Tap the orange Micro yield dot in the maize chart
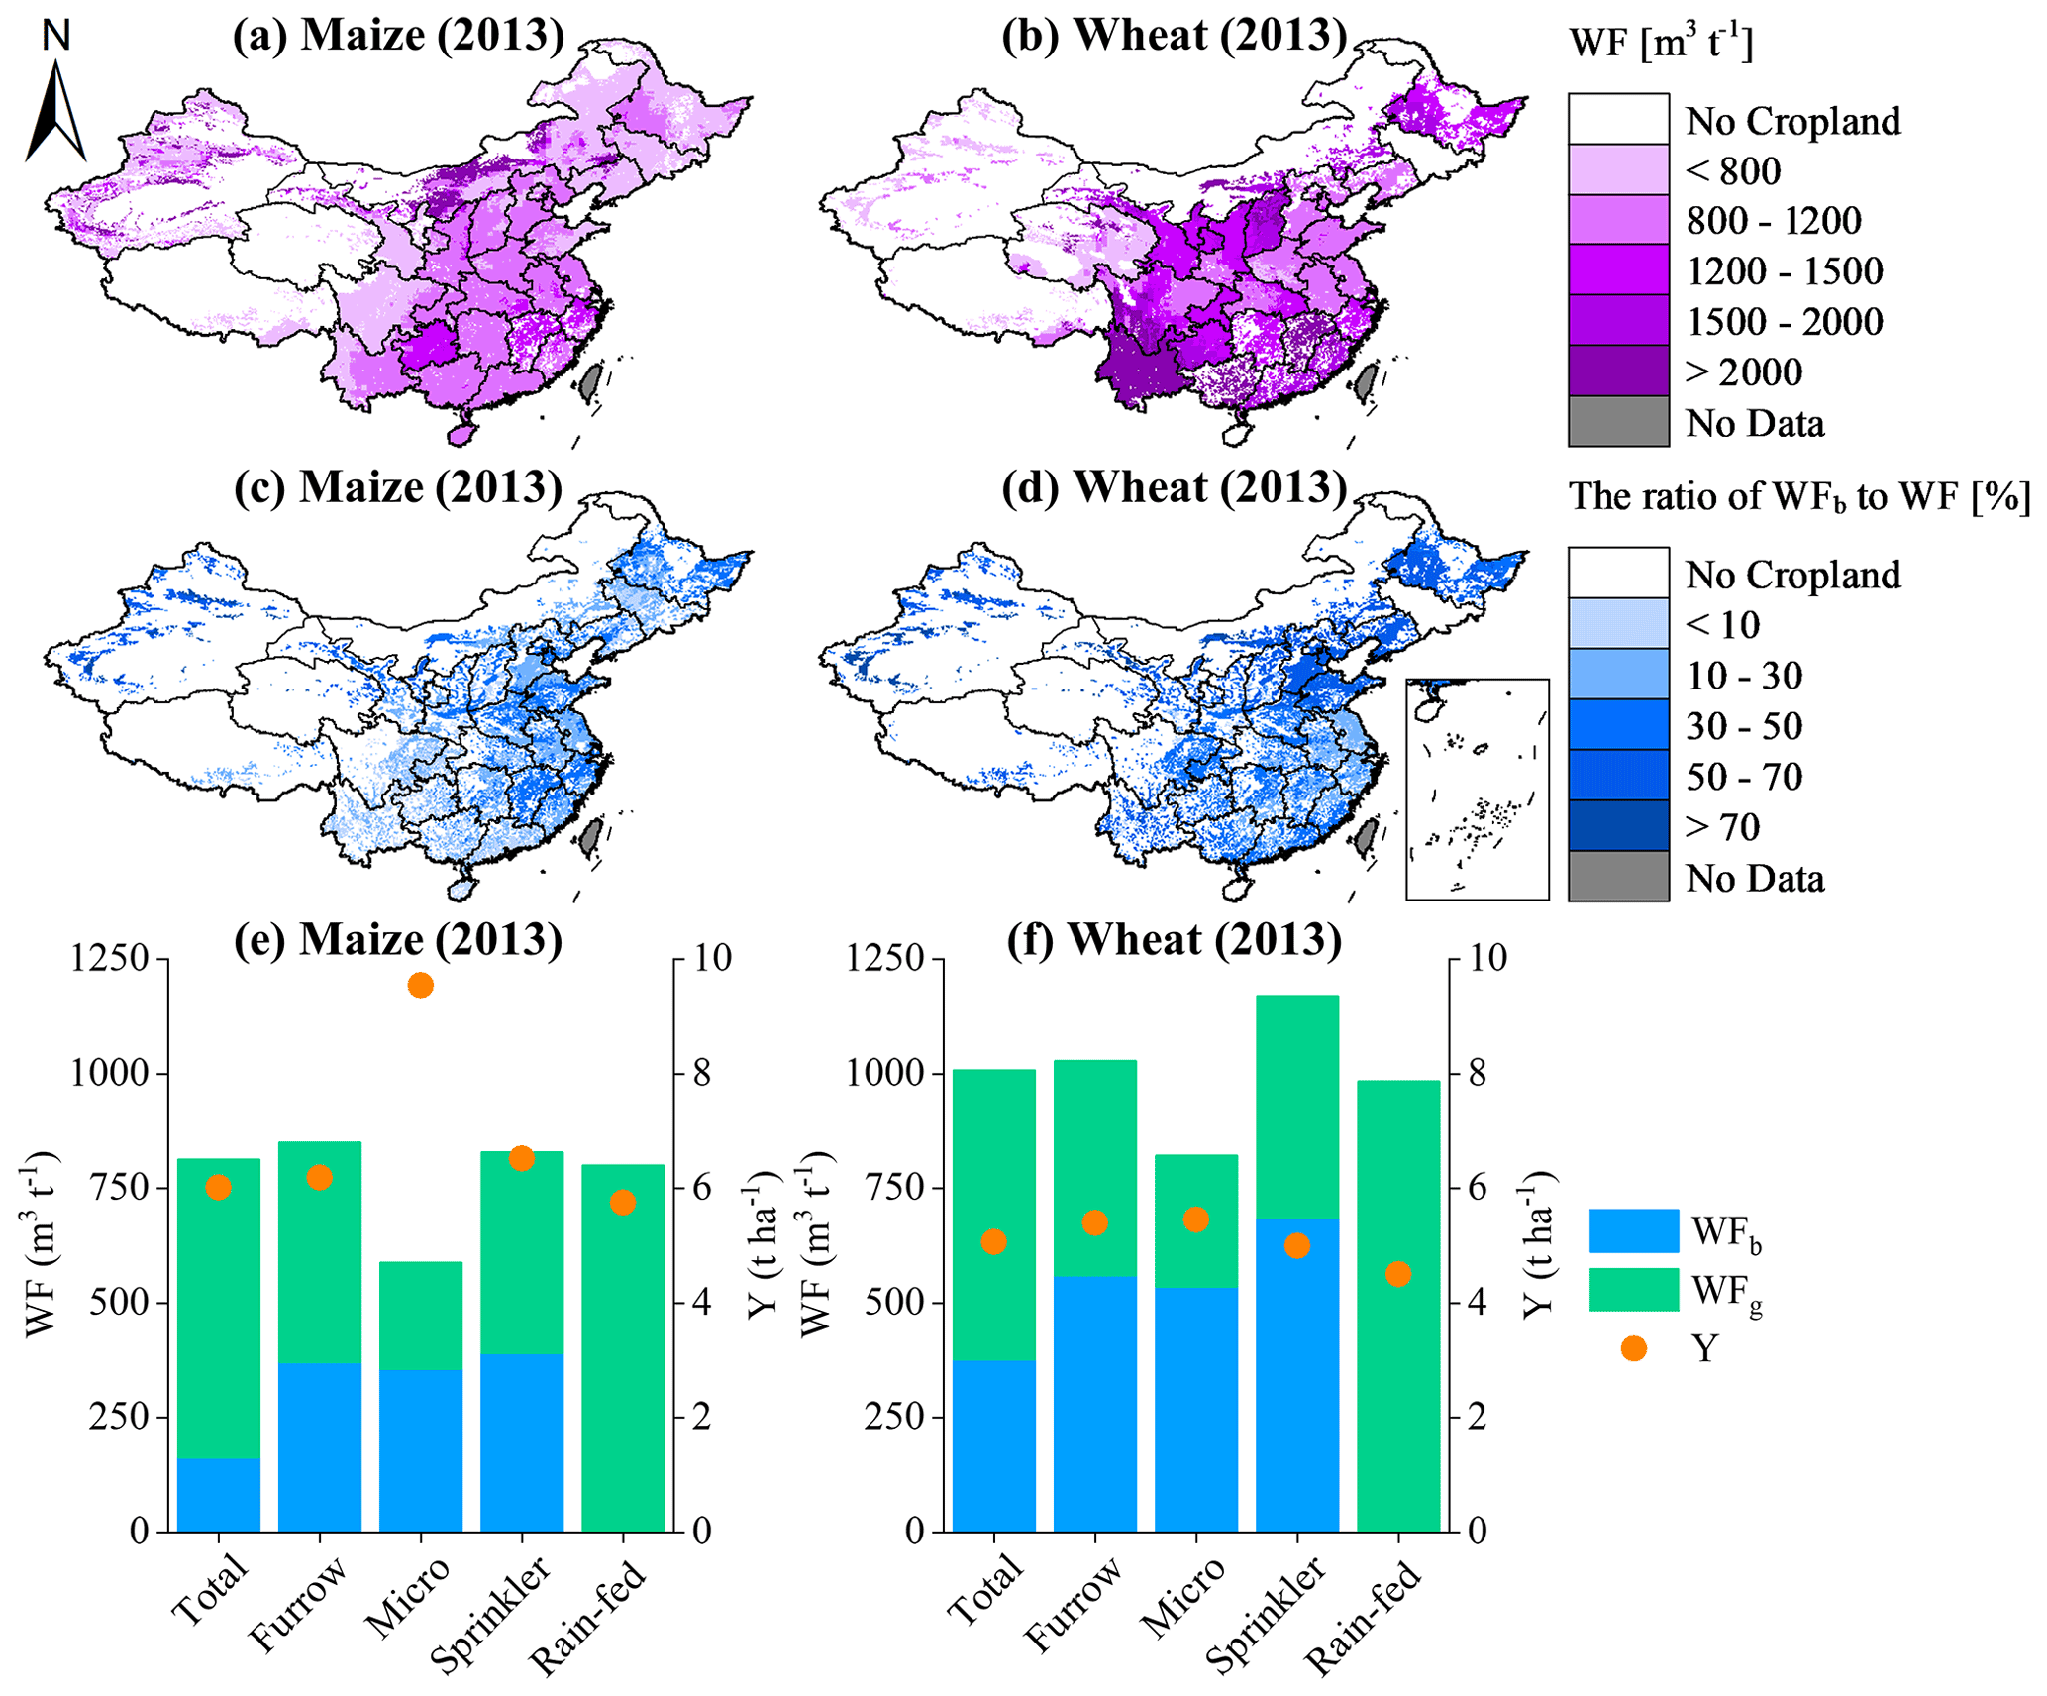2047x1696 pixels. (420, 985)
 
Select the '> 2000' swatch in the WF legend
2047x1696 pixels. (1618, 371)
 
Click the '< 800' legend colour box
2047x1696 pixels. (1618, 170)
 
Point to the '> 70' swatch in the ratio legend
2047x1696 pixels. (1618, 826)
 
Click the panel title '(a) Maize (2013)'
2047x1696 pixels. (398, 36)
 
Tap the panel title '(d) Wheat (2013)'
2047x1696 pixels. (1175, 488)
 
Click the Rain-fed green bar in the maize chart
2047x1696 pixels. (622, 1347)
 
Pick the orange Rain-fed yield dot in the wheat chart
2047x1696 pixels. (1397, 1274)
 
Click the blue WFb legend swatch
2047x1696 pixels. (1633, 1231)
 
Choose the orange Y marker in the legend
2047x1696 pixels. (1633, 1348)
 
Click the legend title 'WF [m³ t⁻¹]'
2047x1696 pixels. (1661, 45)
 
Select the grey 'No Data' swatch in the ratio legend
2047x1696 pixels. (1618, 877)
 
